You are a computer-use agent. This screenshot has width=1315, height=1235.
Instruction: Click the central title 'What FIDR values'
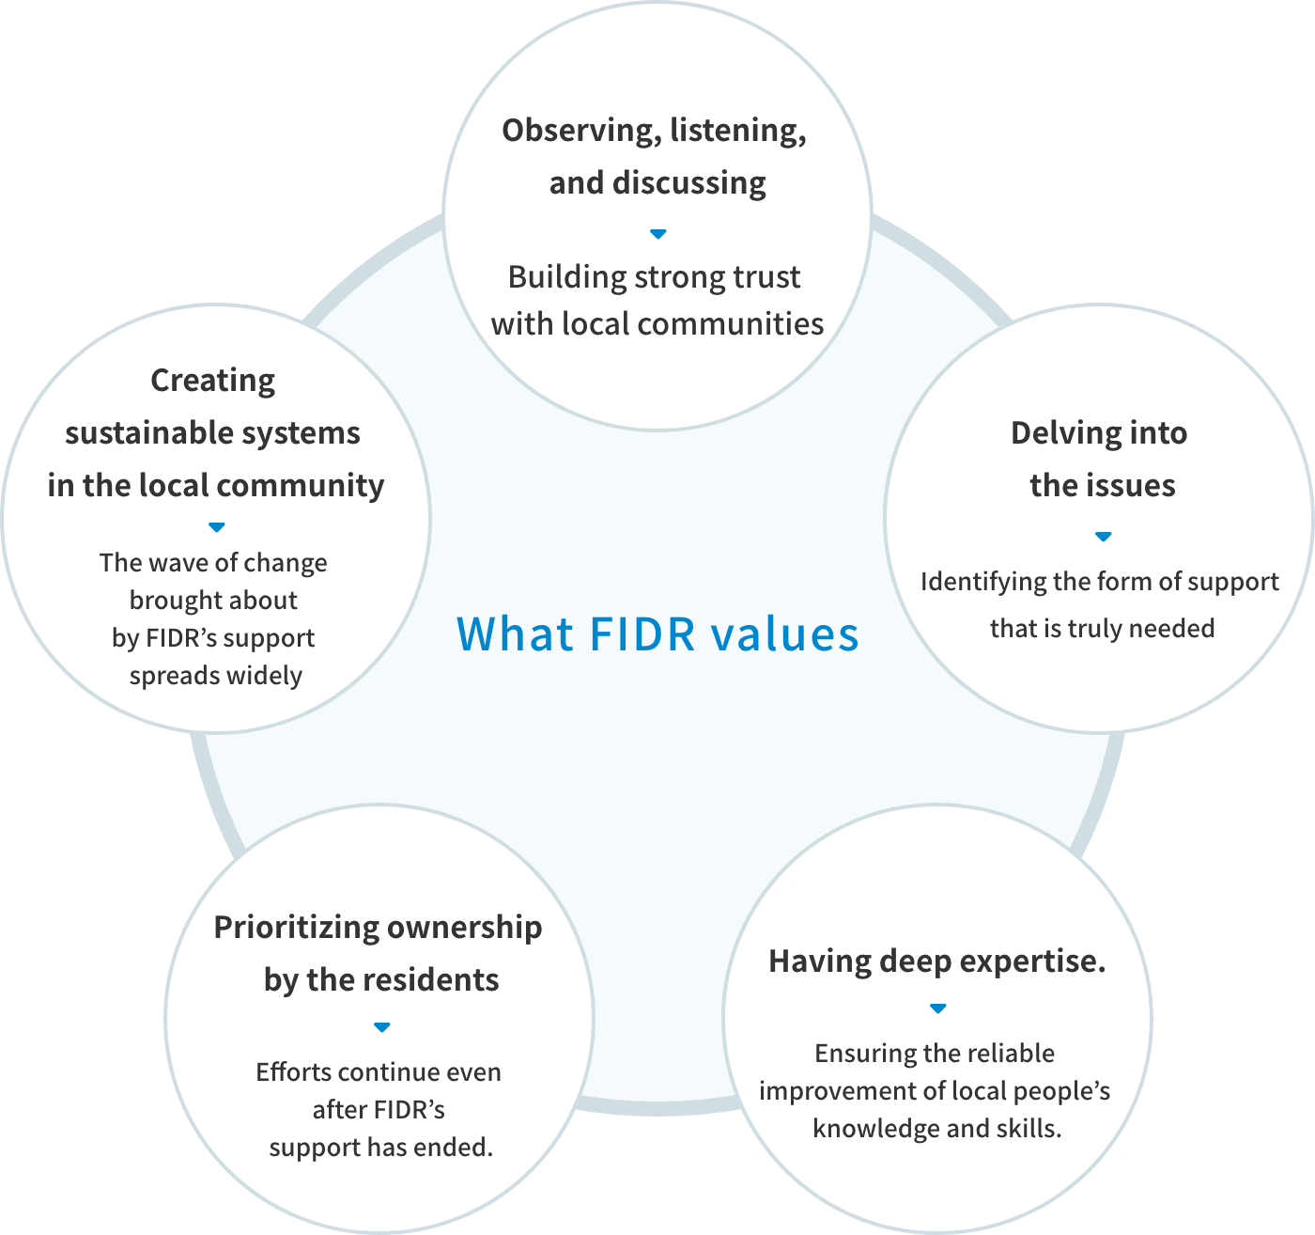(x=657, y=634)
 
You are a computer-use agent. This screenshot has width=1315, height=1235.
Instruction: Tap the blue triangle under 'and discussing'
(x=658, y=233)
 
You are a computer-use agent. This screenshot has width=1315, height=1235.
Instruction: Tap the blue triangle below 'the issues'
(x=1104, y=537)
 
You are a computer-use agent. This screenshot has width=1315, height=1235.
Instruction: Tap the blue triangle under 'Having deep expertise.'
(x=937, y=1008)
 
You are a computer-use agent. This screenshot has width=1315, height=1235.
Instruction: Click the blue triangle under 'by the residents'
(x=382, y=1027)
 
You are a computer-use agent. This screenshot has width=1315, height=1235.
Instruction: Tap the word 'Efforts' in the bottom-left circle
(x=292, y=1072)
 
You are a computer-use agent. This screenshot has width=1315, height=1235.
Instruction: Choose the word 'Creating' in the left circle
(x=213, y=381)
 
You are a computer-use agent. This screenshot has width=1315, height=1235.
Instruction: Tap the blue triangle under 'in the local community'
(x=217, y=527)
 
